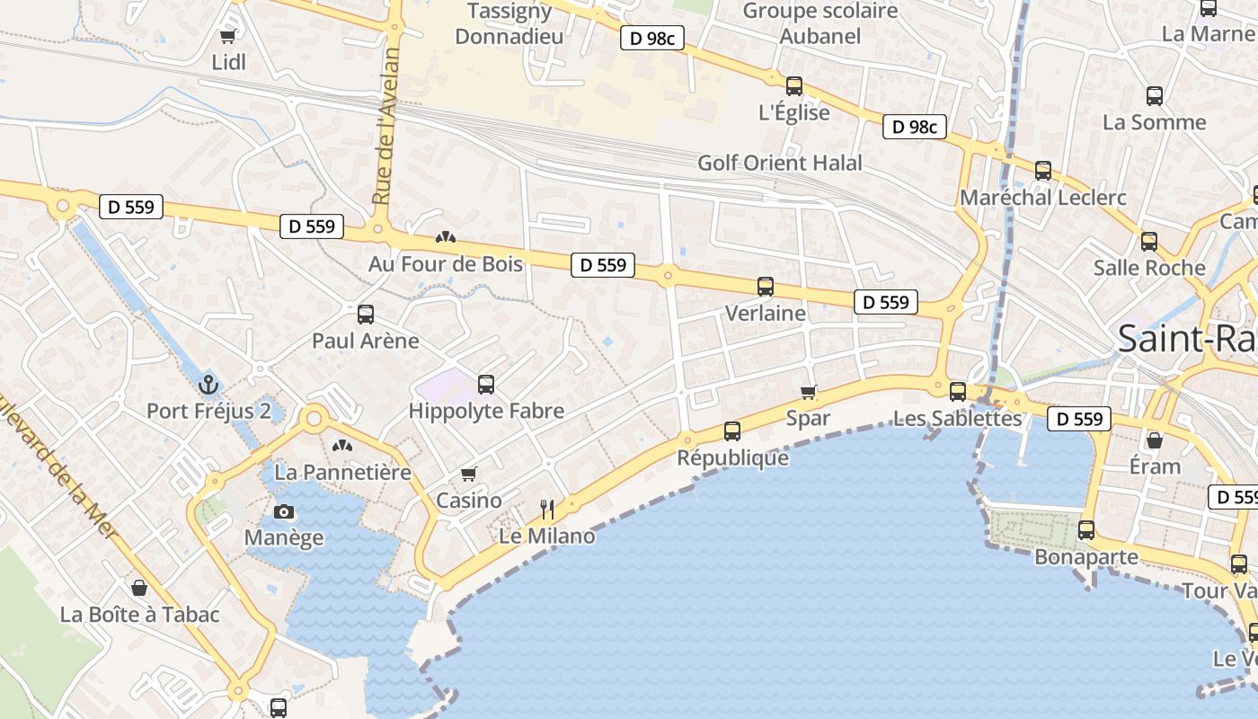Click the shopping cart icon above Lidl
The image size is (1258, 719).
[227, 37]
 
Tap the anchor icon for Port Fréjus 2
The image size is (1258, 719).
[208, 385]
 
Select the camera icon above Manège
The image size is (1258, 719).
[284, 512]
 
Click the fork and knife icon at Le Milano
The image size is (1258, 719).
[547, 510]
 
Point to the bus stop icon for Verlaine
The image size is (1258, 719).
[766, 287]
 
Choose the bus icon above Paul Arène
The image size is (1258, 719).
[366, 315]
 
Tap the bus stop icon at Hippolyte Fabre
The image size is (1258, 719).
[486, 385]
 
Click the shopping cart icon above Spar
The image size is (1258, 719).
[809, 392]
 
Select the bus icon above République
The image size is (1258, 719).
[732, 431]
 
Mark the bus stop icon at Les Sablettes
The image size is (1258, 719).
[958, 392]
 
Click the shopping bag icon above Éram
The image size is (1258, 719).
[1155, 440]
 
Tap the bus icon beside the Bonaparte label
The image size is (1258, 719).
[1086, 530]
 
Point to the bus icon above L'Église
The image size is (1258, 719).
[794, 86]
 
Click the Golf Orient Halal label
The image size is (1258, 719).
[780, 163]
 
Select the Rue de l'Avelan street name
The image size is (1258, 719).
[386, 126]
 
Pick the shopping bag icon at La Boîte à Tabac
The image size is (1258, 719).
[139, 588]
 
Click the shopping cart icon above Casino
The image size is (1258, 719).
[468, 474]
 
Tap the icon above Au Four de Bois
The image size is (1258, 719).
[445, 238]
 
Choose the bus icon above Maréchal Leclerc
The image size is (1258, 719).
[1043, 170]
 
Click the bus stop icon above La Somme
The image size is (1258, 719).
[1155, 95]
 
